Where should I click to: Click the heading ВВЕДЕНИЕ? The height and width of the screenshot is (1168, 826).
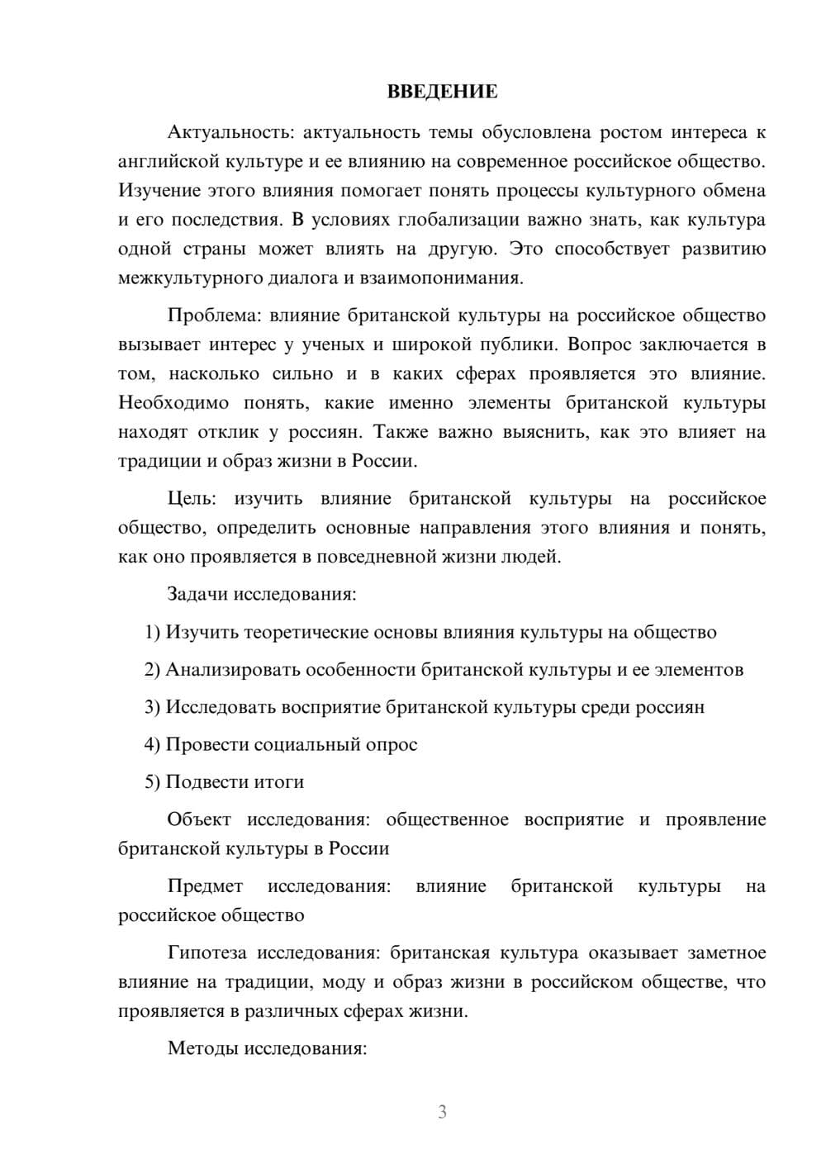(442, 92)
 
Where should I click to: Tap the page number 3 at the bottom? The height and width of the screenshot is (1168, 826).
(442, 1112)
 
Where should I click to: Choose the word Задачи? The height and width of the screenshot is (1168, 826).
(198, 594)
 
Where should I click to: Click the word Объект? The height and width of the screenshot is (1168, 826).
(198, 819)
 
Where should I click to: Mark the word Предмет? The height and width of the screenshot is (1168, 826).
(205, 886)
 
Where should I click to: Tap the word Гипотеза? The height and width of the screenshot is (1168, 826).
(206, 952)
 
